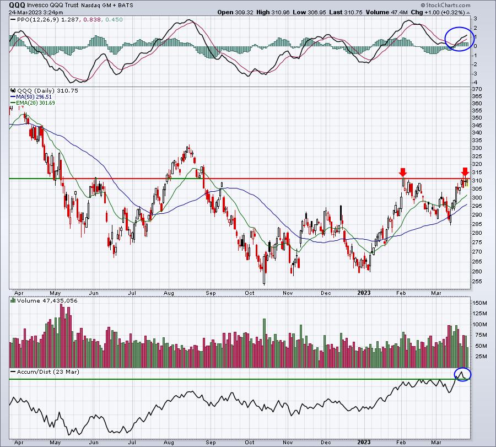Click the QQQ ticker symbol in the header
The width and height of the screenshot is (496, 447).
click(x=17, y=5)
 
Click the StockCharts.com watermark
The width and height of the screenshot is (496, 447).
click(x=445, y=5)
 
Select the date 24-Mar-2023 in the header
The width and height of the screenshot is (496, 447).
click(x=23, y=12)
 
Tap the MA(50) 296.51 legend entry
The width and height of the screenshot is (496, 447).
click(x=34, y=97)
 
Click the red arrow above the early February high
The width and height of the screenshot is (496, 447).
click(x=402, y=173)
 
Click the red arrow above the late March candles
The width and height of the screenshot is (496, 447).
click(x=465, y=173)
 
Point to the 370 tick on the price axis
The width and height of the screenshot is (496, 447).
click(x=477, y=89)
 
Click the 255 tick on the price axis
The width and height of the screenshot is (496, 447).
click(x=477, y=281)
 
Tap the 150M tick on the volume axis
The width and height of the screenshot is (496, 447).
click(x=479, y=303)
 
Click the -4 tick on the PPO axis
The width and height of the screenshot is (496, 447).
click(x=475, y=83)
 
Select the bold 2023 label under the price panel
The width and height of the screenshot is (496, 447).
click(x=364, y=293)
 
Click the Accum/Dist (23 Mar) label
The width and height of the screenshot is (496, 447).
click(x=48, y=371)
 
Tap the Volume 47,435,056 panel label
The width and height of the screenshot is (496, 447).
click(x=47, y=300)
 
